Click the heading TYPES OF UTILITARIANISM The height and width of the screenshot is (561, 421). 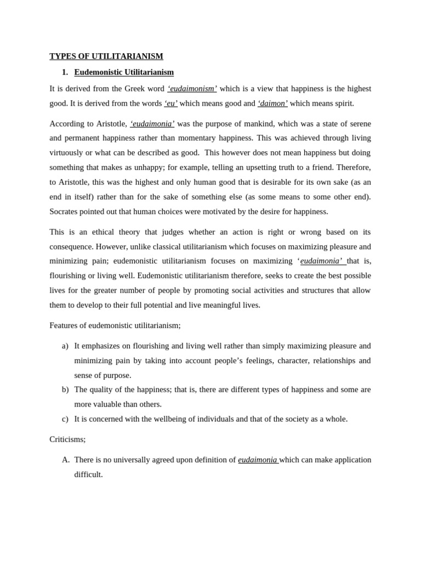(106, 56)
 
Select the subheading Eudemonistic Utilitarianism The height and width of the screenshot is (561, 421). (124, 72)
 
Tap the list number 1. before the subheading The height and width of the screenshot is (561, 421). (65, 72)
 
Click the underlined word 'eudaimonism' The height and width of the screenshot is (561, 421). (192, 88)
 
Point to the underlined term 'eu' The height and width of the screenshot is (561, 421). (170, 103)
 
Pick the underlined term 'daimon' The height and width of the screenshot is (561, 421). (272, 103)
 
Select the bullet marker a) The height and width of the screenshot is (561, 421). (65, 346)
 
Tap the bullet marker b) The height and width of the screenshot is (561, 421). (65, 390)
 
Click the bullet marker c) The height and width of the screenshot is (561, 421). (65, 419)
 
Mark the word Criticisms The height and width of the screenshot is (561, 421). (67, 439)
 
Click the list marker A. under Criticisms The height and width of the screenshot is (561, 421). (66, 460)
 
